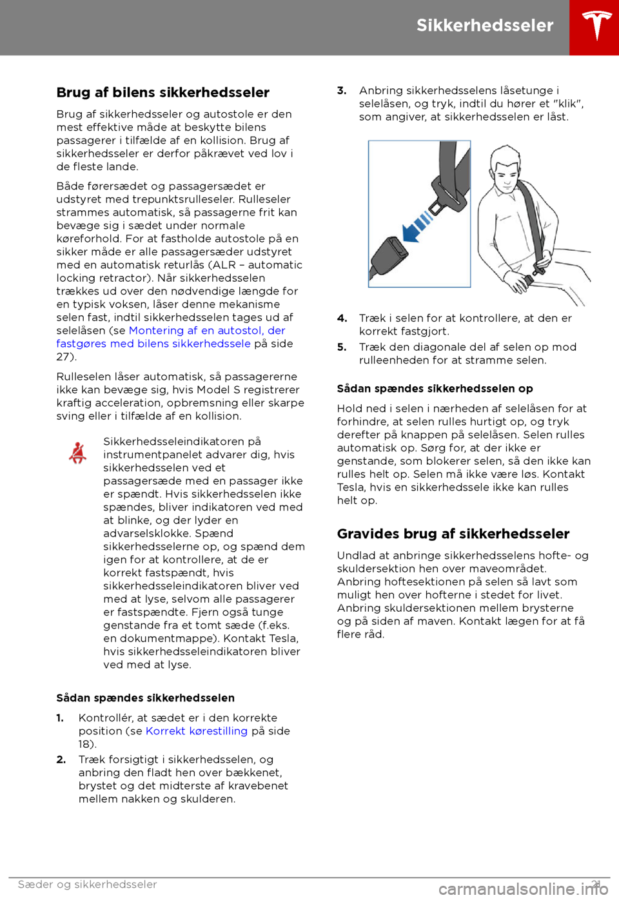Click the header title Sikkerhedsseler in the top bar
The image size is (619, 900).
pos(485,26)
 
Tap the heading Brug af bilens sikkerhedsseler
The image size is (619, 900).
pos(163,93)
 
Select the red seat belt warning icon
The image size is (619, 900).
pos(78,453)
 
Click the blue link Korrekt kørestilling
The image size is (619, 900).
pos(197,731)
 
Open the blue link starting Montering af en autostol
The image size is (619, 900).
pos(207,331)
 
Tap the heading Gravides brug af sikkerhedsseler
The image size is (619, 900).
pos(453,534)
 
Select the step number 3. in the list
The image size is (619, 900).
pos(342,91)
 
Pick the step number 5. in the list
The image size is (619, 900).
pos(342,347)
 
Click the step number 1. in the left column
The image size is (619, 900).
pos(60,718)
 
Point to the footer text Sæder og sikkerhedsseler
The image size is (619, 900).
pos(88,885)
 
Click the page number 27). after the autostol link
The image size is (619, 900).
pos(66,357)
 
